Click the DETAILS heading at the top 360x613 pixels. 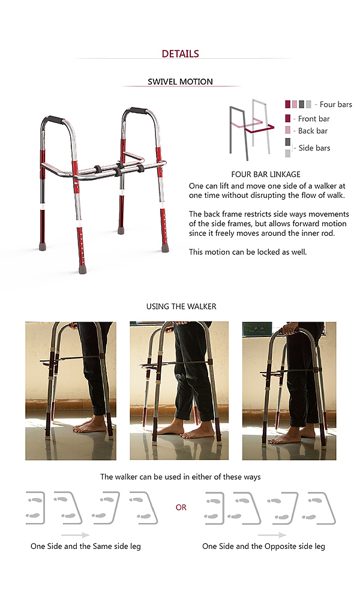(180, 53)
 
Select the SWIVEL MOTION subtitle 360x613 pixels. (180, 82)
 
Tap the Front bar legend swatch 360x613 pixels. (287, 118)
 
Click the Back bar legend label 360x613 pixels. (313, 131)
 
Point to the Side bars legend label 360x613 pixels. (314, 148)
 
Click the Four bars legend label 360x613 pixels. (336, 104)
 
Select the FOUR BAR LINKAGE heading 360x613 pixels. (266, 175)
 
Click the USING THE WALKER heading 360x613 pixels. (181, 306)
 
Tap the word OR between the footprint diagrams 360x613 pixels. (181, 507)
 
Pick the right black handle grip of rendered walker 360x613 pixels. (138, 110)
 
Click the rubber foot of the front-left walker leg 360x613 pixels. (82, 269)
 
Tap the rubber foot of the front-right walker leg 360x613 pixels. (166, 248)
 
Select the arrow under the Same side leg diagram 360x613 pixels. (76, 535)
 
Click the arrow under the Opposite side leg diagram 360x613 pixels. (272, 535)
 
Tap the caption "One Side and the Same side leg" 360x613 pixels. (86, 546)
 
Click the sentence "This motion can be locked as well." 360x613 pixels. (248, 252)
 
